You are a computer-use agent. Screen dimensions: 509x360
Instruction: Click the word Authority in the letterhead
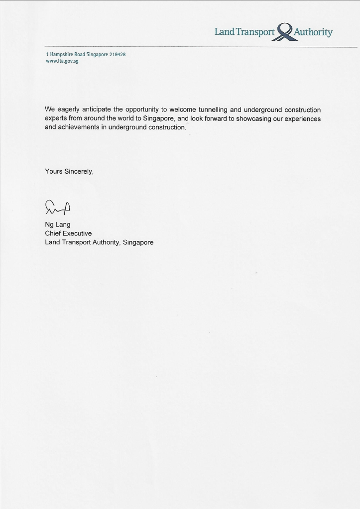(313, 32)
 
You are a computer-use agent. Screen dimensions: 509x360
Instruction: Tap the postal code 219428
(118, 54)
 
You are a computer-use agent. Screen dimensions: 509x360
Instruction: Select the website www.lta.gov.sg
(62, 61)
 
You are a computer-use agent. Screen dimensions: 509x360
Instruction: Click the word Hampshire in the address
(62, 54)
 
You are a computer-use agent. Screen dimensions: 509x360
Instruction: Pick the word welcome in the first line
(182, 110)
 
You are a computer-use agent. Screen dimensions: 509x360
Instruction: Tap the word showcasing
(255, 119)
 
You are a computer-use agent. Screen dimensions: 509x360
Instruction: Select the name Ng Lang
(58, 224)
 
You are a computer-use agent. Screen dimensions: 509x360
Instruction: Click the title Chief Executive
(68, 233)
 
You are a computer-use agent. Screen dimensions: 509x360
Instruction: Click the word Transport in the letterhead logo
(254, 32)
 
